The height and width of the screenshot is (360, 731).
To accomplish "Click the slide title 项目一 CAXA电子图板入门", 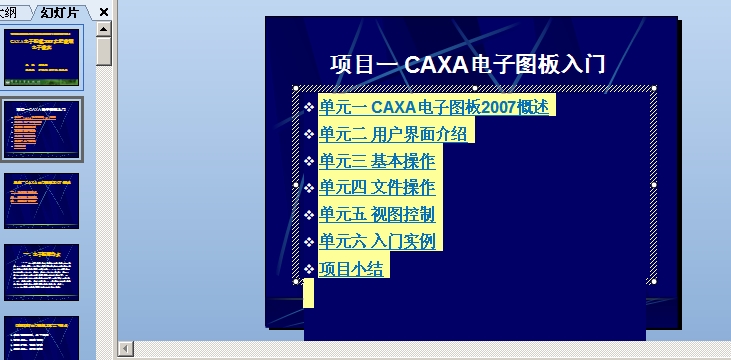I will (468, 65).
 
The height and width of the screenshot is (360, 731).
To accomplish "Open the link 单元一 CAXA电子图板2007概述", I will (435, 107).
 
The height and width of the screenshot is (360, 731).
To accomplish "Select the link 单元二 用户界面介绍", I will (393, 134).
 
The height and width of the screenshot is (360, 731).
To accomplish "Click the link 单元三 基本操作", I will (377, 161).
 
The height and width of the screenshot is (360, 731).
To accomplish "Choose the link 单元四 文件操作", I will (377, 188).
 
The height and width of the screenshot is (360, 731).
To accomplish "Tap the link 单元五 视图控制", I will (377, 215).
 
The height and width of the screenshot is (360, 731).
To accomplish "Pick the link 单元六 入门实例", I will (377, 241).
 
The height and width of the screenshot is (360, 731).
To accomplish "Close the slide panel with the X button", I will (104, 12).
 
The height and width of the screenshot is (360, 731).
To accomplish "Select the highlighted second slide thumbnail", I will (42, 129).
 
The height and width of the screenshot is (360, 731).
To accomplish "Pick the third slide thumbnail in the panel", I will (42, 201).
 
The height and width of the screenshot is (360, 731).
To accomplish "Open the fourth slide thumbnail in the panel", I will (42, 272).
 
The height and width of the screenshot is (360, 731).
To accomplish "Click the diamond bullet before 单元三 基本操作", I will (309, 161).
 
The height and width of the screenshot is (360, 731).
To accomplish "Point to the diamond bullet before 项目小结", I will (309, 269).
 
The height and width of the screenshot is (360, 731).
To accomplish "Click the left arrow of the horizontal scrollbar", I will (126, 348).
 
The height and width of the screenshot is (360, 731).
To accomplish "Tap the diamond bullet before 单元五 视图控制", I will (309, 215).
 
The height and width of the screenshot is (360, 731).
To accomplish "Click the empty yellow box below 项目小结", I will (308, 293).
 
